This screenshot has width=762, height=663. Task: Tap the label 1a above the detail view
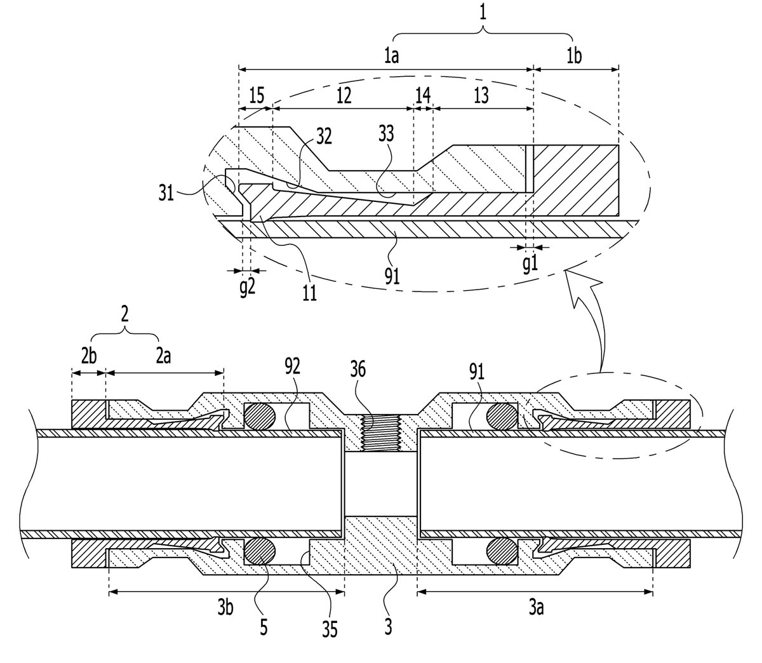pyautogui.click(x=392, y=57)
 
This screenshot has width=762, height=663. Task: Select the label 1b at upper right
pyautogui.click(x=574, y=57)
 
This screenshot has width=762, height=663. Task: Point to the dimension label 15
pyautogui.click(x=257, y=95)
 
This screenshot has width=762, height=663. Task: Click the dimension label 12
pyautogui.click(x=344, y=96)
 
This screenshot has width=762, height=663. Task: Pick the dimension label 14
pyautogui.click(x=423, y=96)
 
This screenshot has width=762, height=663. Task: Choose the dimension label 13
pyautogui.click(x=481, y=96)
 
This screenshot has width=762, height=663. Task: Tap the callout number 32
pyautogui.click(x=324, y=137)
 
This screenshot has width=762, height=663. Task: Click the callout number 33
pyautogui.click(x=386, y=134)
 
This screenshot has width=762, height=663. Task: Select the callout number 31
pyautogui.click(x=166, y=194)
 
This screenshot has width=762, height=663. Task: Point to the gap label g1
pyautogui.click(x=530, y=264)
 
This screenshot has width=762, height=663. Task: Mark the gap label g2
pyautogui.click(x=247, y=288)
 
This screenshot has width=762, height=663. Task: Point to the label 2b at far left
pyautogui.click(x=89, y=356)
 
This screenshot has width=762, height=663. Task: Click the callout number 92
pyautogui.click(x=292, y=366)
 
